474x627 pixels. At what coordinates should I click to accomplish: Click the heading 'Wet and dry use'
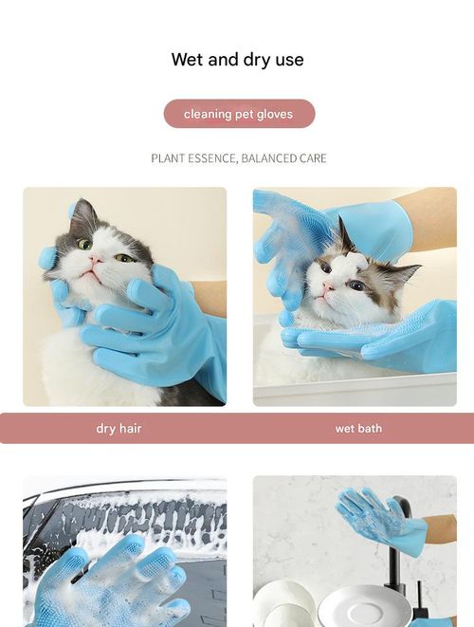pos(237,60)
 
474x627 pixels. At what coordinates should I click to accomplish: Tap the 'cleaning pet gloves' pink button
pos(239,114)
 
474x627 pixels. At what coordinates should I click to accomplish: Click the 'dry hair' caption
pos(118,429)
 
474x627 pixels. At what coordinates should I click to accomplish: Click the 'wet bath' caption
pos(358,429)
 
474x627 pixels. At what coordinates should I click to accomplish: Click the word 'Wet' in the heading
pos(188,60)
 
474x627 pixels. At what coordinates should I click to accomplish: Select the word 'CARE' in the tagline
pos(315,158)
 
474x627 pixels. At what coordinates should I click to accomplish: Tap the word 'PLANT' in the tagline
pos(167,158)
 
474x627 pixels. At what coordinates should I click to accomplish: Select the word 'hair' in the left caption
pos(130,429)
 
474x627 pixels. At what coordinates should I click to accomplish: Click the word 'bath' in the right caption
pos(370,429)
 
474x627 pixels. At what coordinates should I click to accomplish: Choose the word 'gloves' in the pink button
pos(275,114)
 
